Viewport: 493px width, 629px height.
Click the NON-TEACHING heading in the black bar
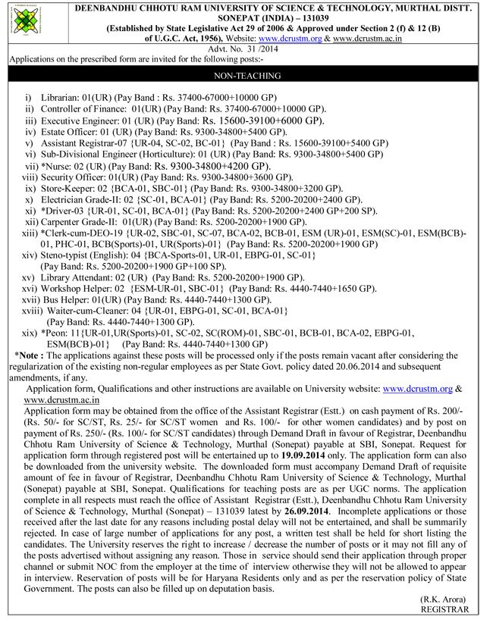tap(247, 76)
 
